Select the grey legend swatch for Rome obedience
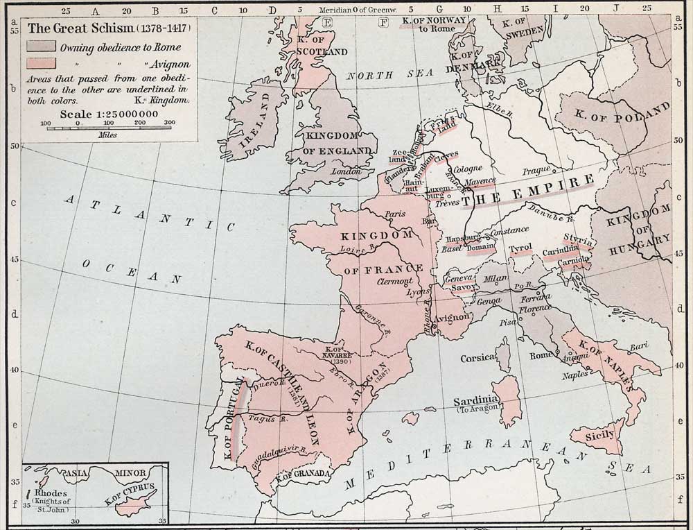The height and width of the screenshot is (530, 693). (41, 46)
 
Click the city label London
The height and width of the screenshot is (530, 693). (346, 171)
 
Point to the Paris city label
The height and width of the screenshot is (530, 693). (395, 214)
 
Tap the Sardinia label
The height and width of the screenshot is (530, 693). (475, 401)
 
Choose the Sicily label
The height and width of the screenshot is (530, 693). (599, 435)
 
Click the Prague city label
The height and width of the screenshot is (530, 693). (536, 171)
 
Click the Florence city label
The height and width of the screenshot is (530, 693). (535, 308)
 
